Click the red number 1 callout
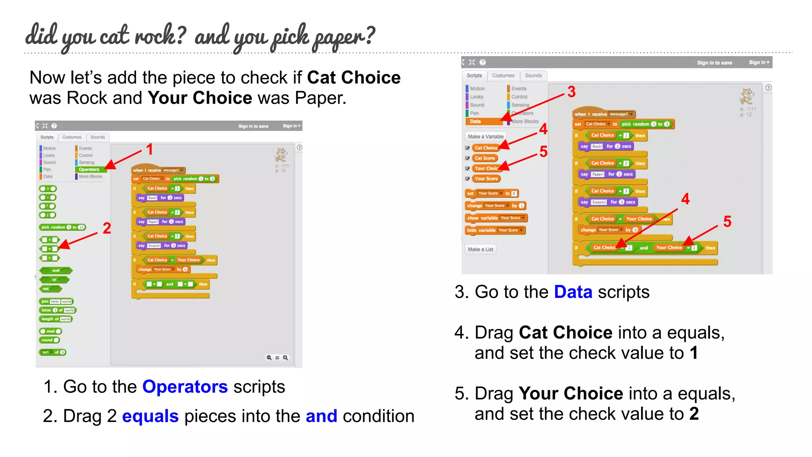click(x=149, y=150)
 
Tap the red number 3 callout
click(x=571, y=92)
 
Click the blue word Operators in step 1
click(x=185, y=387)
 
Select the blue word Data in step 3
click(x=573, y=292)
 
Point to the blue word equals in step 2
click(x=150, y=416)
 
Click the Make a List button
click(x=481, y=250)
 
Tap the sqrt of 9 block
click(x=53, y=352)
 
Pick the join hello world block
click(x=56, y=301)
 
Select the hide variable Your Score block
click(x=495, y=230)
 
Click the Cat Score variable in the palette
click(x=485, y=158)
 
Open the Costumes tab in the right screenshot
click(x=503, y=75)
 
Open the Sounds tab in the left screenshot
click(x=98, y=137)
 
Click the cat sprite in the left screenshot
click(x=281, y=154)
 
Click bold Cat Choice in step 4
click(x=565, y=332)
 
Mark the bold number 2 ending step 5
click(x=694, y=414)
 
